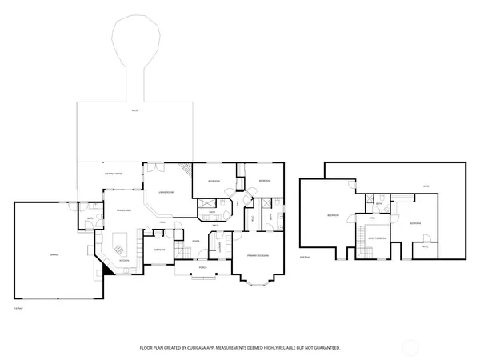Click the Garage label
click(54, 254)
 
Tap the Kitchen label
click(124, 260)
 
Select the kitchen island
click(122, 241)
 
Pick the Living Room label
click(166, 192)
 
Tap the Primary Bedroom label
click(257, 254)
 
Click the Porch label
click(202, 268)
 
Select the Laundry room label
click(218, 244)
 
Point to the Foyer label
click(195, 241)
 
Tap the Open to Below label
click(378, 238)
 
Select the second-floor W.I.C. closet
click(425, 246)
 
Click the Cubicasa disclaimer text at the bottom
click(240, 348)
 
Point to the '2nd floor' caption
click(304, 258)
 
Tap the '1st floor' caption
click(18, 308)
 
